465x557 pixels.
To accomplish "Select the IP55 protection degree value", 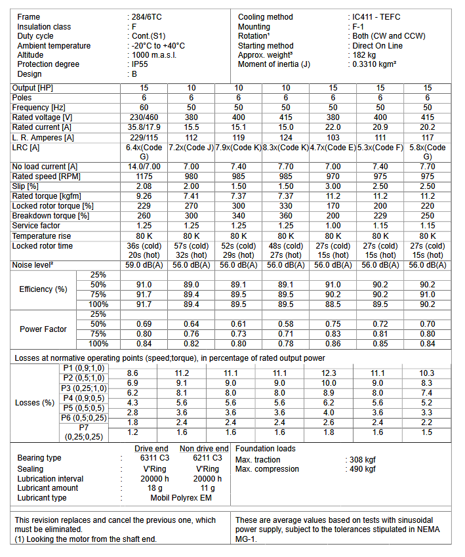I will (141, 64).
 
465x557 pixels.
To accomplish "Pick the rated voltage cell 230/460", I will (144, 117).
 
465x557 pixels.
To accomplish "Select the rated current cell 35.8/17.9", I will (144, 127).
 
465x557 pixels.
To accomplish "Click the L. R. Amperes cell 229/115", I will (144, 136).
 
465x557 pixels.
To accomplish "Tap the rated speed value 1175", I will (144, 177).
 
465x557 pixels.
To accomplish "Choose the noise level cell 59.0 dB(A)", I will (144, 265).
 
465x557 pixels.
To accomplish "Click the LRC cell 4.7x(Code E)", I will (333, 148).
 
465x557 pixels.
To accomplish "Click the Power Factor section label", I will (43, 329).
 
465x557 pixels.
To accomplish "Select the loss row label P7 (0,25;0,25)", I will (83, 432).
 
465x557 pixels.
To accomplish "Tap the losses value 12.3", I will (333, 373).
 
